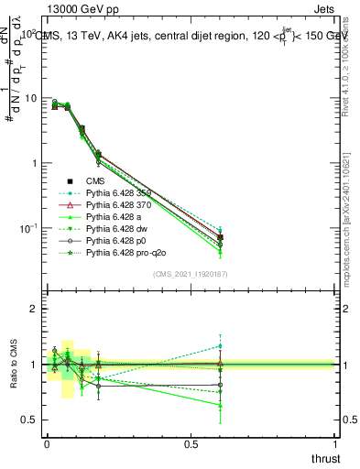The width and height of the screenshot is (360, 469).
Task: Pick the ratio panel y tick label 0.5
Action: tap(30, 420)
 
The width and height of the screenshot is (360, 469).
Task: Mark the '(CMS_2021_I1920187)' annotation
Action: tap(190, 273)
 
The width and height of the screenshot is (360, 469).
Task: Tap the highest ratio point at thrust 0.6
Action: tap(220, 345)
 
